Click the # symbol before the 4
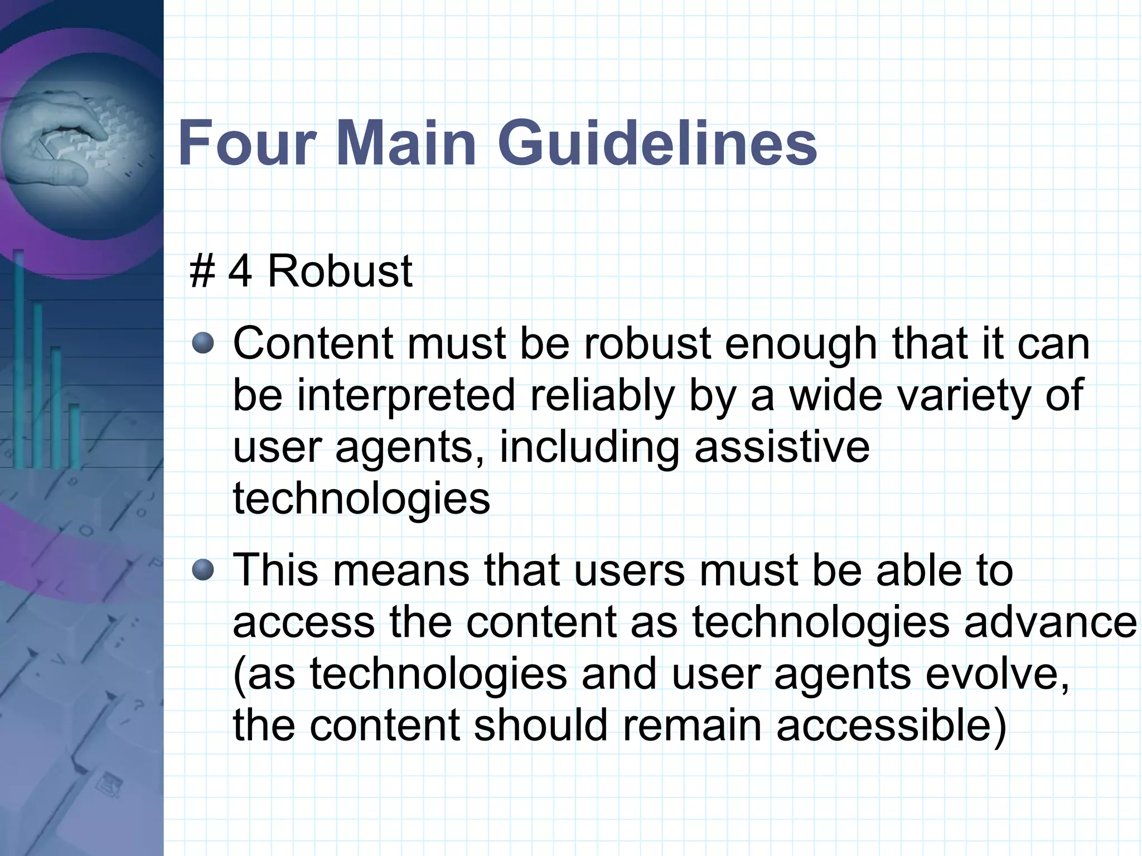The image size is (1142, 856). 202,272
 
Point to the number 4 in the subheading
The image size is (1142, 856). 240,272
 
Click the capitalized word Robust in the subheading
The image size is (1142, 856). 340,272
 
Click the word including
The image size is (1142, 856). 589,447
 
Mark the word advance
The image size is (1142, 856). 1051,622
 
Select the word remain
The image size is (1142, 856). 692,726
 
